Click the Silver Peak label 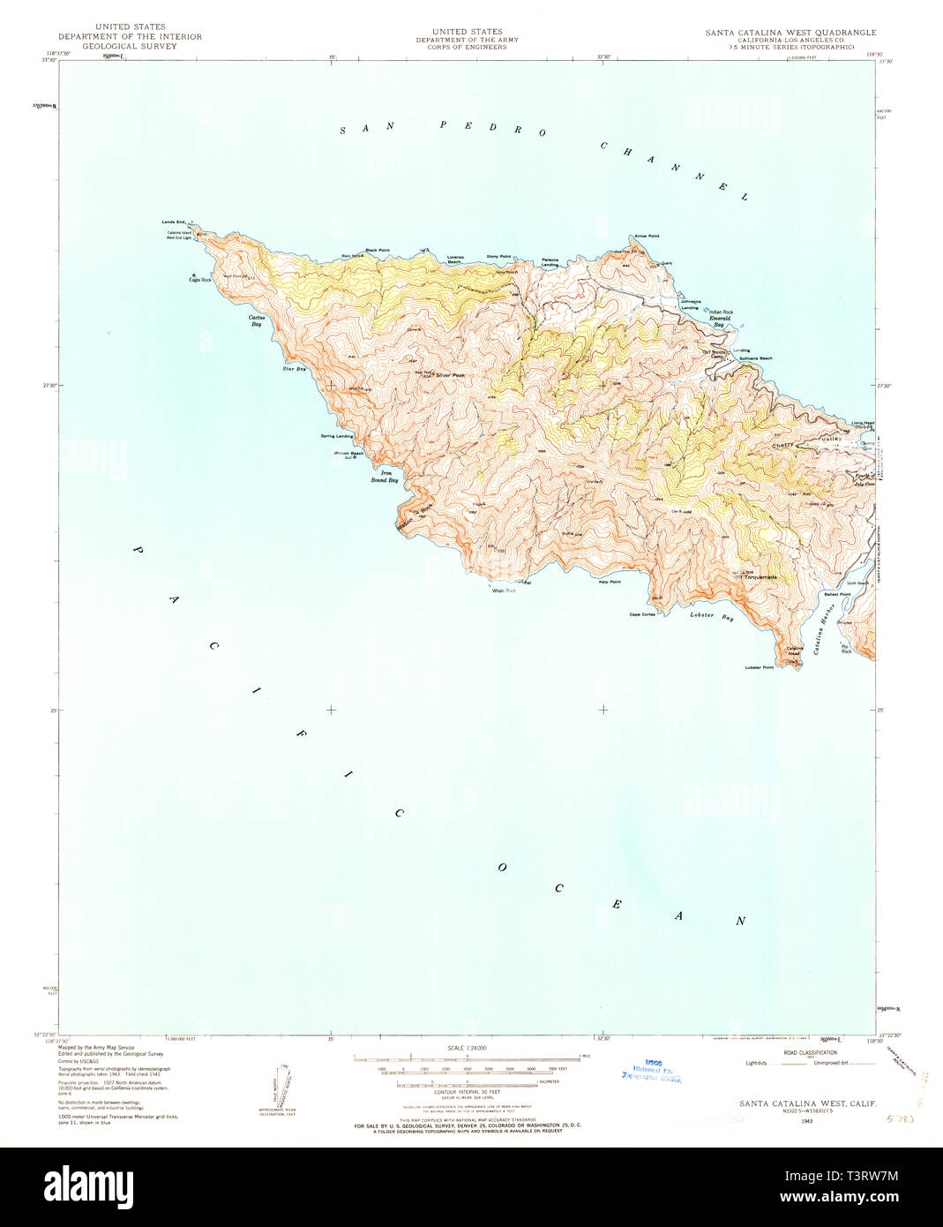448,375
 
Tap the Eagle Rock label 200,280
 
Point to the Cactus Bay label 256,320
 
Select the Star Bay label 294,368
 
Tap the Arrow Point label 647,237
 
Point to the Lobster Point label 759,667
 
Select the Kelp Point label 610,582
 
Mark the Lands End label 174,222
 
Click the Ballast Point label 837,594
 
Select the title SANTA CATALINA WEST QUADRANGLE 790,33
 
